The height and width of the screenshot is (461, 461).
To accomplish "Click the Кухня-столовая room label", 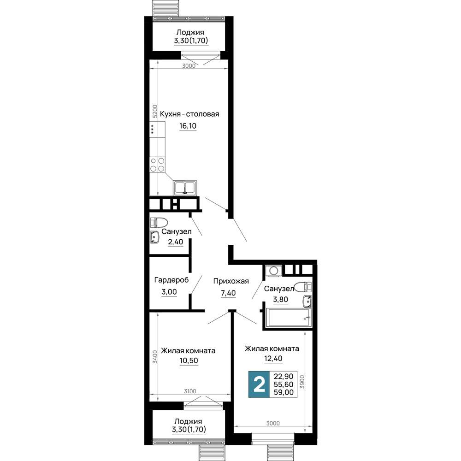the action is (x=189, y=114).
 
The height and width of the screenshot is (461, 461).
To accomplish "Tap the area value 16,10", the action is (x=188, y=126).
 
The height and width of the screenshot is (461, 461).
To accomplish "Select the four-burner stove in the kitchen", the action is (x=157, y=165).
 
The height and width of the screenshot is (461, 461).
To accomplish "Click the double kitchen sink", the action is (x=185, y=188).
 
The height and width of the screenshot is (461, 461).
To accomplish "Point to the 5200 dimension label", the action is (x=155, y=112).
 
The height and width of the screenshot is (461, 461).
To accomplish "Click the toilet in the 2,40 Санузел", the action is (x=159, y=222).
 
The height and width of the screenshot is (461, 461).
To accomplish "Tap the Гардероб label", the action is (x=171, y=280).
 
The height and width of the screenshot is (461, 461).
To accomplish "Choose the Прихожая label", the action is (x=231, y=281).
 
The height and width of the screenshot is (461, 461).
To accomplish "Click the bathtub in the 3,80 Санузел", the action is (x=288, y=318).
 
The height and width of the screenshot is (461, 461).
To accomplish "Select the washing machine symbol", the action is (x=274, y=271).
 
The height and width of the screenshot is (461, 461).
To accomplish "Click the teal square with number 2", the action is (x=259, y=384).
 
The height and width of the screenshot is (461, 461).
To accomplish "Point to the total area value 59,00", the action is (x=284, y=392).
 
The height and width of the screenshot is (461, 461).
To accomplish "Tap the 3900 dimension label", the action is (x=302, y=382).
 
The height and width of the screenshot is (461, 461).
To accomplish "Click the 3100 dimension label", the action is (x=190, y=391).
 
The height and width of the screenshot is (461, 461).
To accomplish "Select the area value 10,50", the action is (x=189, y=361).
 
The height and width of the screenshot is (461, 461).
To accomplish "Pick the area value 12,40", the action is (x=273, y=358).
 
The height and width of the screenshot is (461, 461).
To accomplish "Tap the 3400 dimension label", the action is (x=155, y=357).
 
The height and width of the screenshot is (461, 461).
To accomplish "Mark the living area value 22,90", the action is (x=284, y=376).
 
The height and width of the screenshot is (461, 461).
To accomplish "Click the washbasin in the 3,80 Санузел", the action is (x=307, y=301).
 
